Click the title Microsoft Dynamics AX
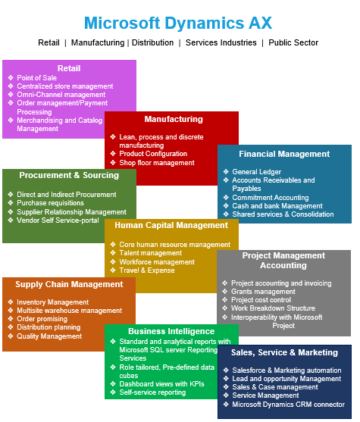[178, 23]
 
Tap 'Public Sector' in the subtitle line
[293, 42]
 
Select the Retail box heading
[69, 68]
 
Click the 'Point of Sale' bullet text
[36, 78]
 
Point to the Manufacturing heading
[174, 119]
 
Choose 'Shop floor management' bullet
[157, 163]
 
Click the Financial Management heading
[284, 154]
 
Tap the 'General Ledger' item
[257, 172]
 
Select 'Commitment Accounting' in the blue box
[271, 198]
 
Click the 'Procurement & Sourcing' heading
[69, 175]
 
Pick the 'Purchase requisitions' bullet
[50, 203]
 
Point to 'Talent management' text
[151, 253]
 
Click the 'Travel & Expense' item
[147, 270]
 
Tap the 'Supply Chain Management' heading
[69, 284]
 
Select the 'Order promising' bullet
[42, 319]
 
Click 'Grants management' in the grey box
[263, 292]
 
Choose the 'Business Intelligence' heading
[171, 331]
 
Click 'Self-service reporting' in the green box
[152, 392]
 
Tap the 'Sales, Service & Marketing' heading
[284, 352]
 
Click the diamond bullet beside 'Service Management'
[226, 395]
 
